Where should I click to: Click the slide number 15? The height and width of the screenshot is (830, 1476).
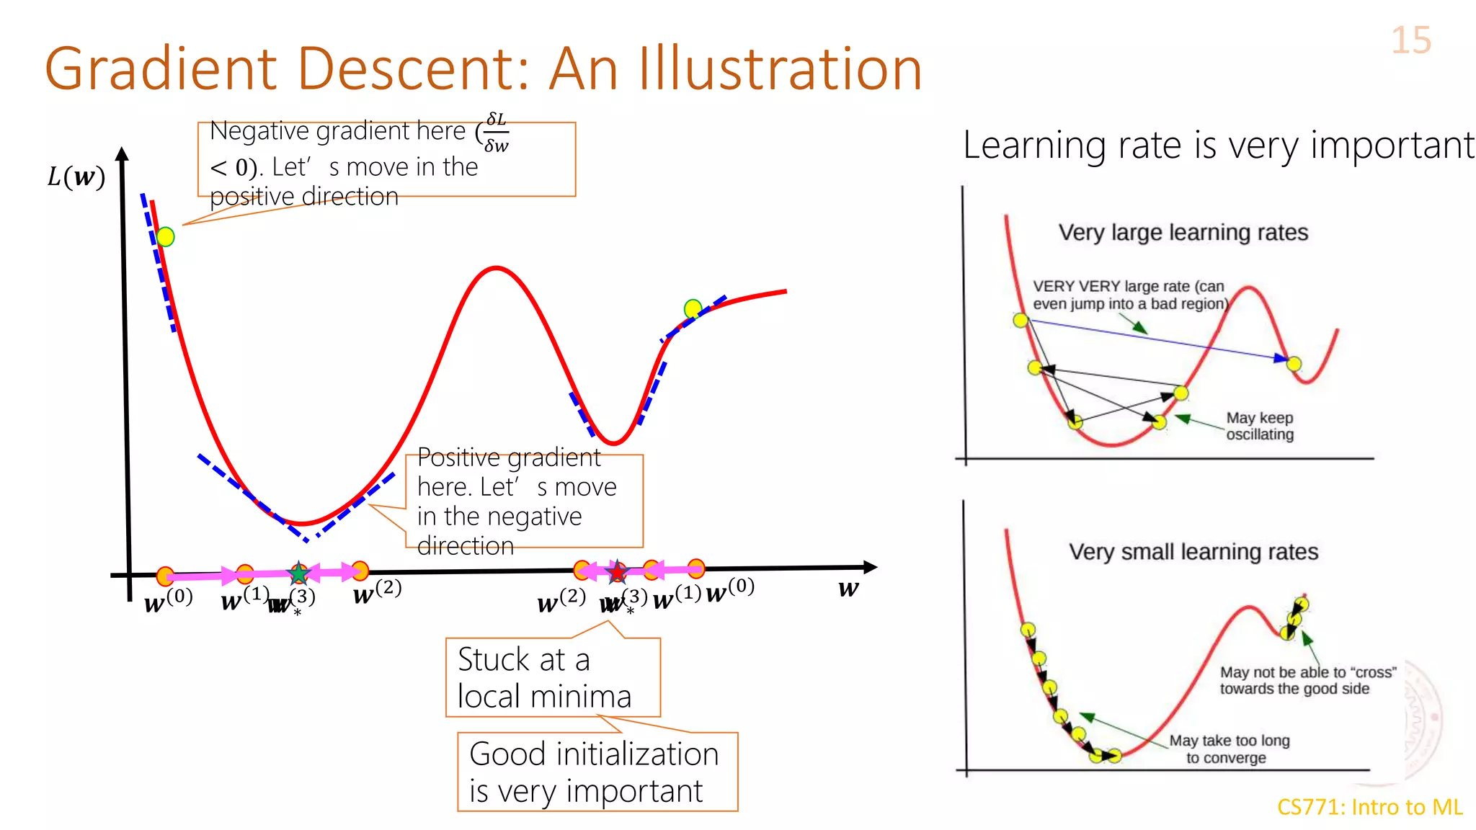(x=1410, y=40)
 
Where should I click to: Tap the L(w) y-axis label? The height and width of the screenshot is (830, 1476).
(x=76, y=177)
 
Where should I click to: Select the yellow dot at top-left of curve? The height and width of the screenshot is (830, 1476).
(x=165, y=236)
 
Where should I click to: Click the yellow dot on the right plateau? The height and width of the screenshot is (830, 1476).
(x=693, y=308)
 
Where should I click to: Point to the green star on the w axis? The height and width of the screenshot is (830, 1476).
(x=298, y=574)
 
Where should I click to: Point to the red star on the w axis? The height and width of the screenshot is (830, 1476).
(x=617, y=573)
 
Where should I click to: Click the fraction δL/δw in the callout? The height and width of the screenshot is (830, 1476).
(x=496, y=133)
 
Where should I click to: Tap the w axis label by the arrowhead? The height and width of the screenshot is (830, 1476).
(x=848, y=589)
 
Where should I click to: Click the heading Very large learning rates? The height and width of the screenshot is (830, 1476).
(x=1183, y=233)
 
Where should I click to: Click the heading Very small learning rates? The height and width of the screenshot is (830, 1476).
(x=1193, y=552)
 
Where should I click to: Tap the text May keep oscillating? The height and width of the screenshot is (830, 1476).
(x=1259, y=426)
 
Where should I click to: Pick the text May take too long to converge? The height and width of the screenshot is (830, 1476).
(x=1228, y=749)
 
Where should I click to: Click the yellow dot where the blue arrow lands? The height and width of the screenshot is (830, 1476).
(x=1294, y=363)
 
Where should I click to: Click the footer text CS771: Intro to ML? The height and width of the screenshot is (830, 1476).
(x=1369, y=807)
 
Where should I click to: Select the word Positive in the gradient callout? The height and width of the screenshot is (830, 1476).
(x=462, y=458)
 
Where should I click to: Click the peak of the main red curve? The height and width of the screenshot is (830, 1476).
(x=497, y=268)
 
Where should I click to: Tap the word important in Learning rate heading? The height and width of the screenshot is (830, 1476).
(x=1392, y=145)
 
